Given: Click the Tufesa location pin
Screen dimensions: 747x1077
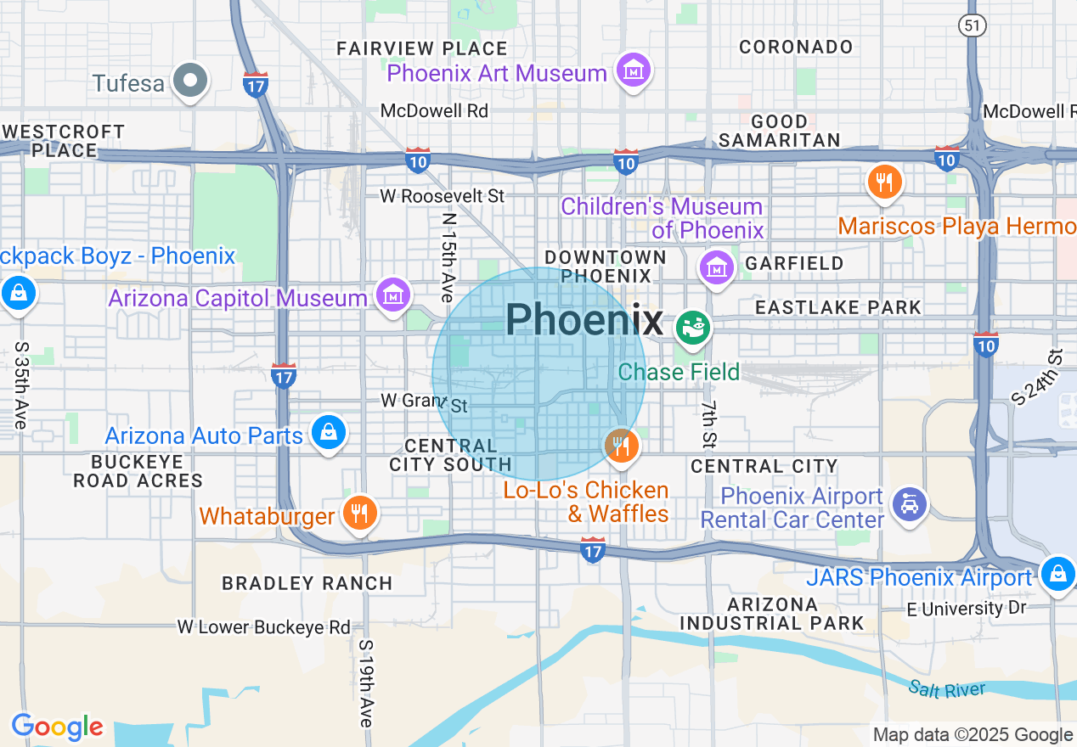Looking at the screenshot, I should [190, 81].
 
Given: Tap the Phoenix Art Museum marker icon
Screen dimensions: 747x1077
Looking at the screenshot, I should [634, 70].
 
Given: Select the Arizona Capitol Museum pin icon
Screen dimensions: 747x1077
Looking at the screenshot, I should [393, 296].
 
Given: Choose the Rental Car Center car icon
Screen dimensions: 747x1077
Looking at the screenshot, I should [910, 505].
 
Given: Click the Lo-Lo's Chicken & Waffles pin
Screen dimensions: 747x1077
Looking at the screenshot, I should [622, 445].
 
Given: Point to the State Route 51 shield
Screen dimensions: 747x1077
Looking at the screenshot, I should [973, 25].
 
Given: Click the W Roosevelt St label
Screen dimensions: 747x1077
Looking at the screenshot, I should [442, 196].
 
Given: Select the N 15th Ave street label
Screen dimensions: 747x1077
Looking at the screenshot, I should [448, 257].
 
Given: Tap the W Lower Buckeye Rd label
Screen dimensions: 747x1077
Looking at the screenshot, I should [263, 627].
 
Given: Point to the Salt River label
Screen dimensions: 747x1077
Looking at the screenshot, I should [947, 689].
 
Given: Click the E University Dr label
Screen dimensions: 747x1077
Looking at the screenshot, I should [967, 609].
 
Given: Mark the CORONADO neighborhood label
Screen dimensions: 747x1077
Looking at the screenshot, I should [796, 47].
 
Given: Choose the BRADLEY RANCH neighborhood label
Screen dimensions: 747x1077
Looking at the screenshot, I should [307, 583].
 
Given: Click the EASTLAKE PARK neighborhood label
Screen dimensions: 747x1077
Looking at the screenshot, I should [837, 307].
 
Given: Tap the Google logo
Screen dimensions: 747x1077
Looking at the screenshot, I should [57, 727].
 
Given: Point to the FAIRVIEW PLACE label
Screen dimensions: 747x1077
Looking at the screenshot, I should [422, 48].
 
